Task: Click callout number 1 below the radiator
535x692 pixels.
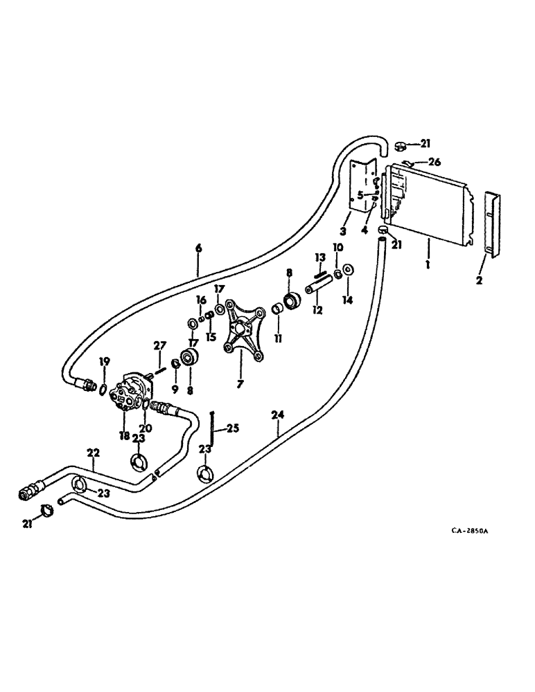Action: pyautogui.click(x=428, y=263)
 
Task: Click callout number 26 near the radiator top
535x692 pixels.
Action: pyautogui.click(x=435, y=163)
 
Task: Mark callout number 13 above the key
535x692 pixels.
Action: pyautogui.click(x=319, y=257)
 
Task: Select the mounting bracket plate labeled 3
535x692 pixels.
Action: pyautogui.click(x=359, y=186)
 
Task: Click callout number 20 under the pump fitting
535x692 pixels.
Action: pyautogui.click(x=147, y=428)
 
